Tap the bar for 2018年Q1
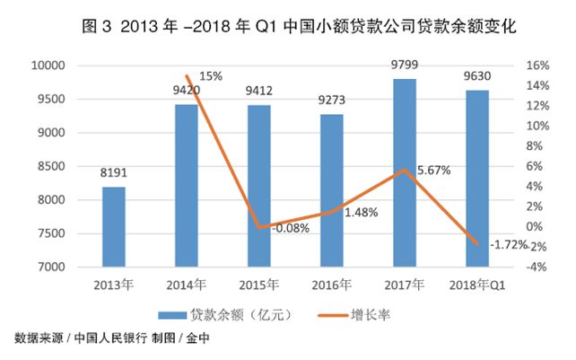(x=476, y=179)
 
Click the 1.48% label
(x=361, y=213)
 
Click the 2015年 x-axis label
(x=258, y=285)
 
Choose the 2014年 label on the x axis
(x=186, y=285)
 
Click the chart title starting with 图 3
(x=287, y=27)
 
